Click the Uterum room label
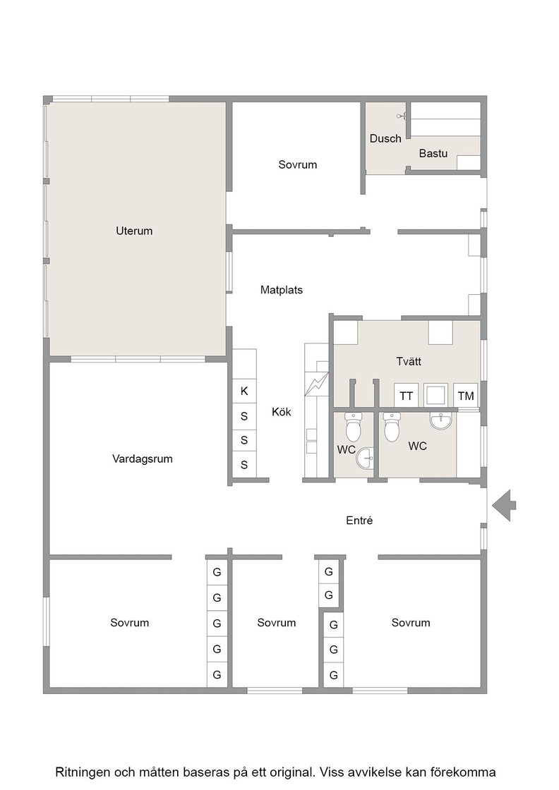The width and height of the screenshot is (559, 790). tap(134, 231)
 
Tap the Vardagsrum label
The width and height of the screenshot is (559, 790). tap(142, 459)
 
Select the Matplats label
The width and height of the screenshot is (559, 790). tap(281, 290)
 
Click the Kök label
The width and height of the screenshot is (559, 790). tap(281, 412)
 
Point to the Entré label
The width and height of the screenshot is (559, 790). tap(359, 521)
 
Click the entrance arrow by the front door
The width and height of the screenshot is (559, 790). tap(503, 505)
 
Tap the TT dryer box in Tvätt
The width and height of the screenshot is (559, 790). tap(407, 396)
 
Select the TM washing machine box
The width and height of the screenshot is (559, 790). tap(466, 396)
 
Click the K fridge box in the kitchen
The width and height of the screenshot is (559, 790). tap(244, 391)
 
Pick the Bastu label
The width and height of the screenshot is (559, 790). tap(433, 153)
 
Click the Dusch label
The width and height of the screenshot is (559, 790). tap(385, 138)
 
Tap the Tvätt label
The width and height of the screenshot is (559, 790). tap(408, 361)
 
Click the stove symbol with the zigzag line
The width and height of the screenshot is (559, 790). tap(316, 384)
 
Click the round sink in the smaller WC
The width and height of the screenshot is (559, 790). tap(365, 458)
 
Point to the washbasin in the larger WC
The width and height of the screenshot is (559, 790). tap(442, 420)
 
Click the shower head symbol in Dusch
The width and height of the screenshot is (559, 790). tap(402, 116)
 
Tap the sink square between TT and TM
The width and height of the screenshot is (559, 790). tap(436, 396)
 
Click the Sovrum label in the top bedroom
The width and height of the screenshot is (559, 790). tap(297, 165)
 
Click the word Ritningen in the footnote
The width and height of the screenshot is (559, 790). tap(83, 772)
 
